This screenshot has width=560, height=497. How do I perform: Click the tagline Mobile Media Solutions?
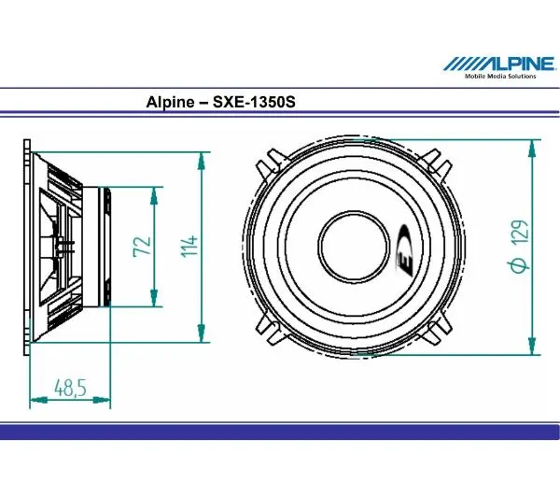pos(501,77)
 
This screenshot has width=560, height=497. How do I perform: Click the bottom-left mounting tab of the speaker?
pos(270,328)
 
